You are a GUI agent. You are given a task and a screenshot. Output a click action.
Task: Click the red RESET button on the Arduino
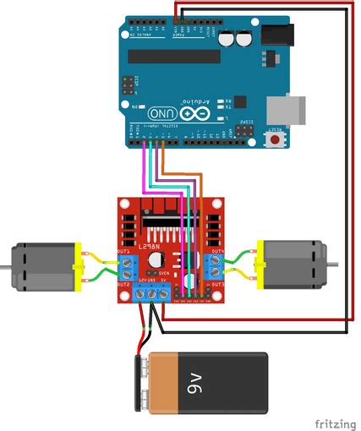coord(275,138)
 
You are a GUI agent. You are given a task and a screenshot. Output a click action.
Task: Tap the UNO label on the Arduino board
coord(160,113)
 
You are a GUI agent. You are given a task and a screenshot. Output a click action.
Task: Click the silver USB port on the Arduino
coord(282,110)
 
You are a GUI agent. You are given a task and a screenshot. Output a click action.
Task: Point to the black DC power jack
coord(275,34)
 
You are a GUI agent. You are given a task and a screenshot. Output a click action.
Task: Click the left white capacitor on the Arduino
coord(227,39)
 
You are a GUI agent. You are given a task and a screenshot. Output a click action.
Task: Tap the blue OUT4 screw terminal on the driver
coord(216,264)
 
